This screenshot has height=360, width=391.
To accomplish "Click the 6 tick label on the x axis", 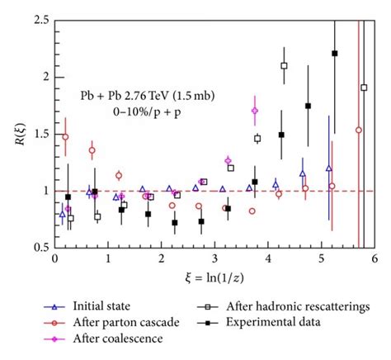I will coord(375,259).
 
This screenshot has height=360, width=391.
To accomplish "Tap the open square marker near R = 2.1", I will coord(284,65).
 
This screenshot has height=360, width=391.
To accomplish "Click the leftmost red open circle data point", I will coord(65,137).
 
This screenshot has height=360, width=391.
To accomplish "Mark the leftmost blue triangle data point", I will coord(62,216).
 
